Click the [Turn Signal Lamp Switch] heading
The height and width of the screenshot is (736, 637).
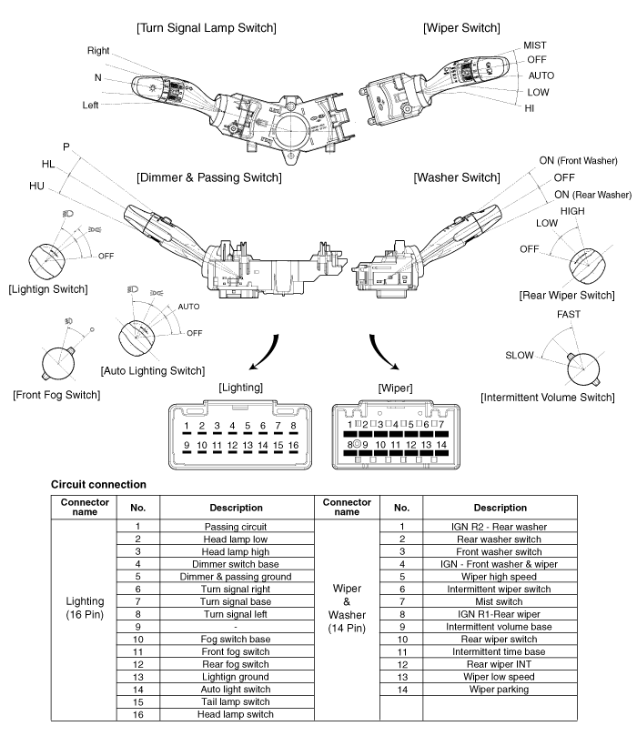click(206, 28)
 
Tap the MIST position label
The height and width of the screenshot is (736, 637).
click(535, 45)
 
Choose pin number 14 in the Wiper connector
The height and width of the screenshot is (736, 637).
click(441, 444)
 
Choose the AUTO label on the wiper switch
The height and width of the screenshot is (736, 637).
click(541, 76)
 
